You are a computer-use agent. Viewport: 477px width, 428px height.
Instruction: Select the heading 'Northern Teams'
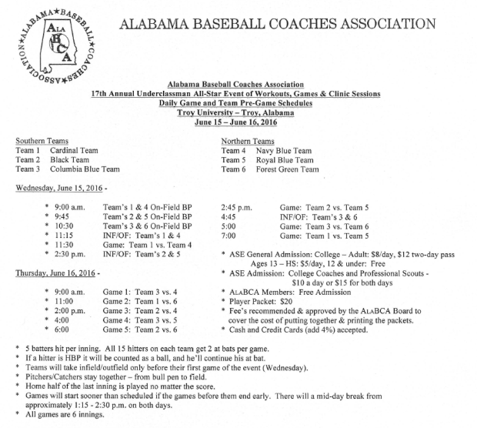[x=247, y=142]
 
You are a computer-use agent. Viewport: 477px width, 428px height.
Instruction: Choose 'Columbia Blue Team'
[x=85, y=169]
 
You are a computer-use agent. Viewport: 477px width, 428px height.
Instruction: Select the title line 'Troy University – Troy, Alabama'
[x=238, y=112]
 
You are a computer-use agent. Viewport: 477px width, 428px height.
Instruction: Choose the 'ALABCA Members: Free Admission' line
[x=289, y=292]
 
